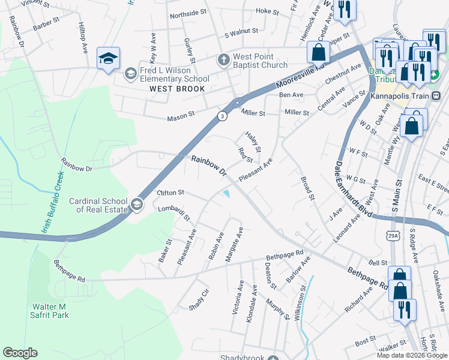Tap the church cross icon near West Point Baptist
tap(223, 60)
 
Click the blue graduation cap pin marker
tap(108, 58)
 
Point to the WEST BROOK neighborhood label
tap(178, 89)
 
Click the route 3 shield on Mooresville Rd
tap(222, 116)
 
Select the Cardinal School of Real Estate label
tap(98, 206)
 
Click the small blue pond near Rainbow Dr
tap(227, 193)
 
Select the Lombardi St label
tap(174, 212)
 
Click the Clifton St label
tap(170, 193)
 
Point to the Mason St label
tap(184, 113)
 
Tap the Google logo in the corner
tap(20, 353)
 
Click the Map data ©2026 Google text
tap(412, 355)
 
